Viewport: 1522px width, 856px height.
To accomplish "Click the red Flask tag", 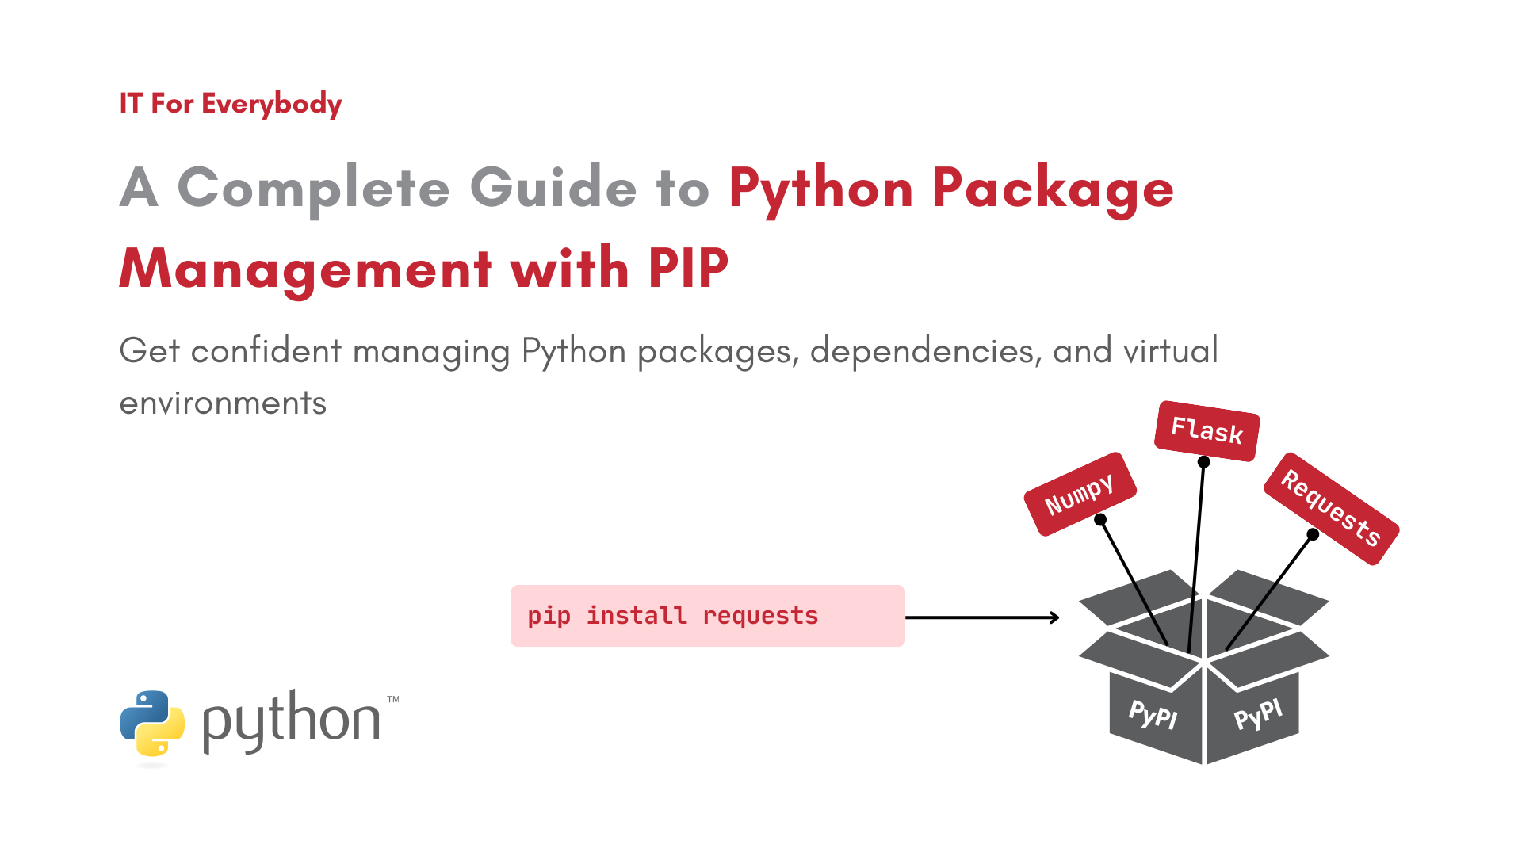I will pos(1207,430).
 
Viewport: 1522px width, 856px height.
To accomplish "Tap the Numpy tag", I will pos(1080,494).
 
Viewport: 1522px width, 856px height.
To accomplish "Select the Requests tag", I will pos(1331,508).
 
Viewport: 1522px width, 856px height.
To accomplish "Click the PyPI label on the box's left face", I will pos(1153,714).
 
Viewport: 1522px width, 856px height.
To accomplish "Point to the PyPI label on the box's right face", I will pos(1258,714).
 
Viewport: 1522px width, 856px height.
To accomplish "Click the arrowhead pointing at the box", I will pos(1055,617).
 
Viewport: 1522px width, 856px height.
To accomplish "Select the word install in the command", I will pos(636,616).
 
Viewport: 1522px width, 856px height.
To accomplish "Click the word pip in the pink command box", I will pos(549,616).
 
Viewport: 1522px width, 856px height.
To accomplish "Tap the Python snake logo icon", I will pos(152,723).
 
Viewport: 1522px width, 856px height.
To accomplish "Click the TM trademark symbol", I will pos(393,700).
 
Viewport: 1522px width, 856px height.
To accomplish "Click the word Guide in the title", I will pos(553,188).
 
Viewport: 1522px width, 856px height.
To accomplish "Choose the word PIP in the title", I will pos(688,268).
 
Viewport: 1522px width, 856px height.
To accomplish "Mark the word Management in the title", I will pos(306,268).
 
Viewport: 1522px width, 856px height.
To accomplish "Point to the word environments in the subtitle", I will pos(223,403).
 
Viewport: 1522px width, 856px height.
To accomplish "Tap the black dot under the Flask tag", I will pos(1203,461).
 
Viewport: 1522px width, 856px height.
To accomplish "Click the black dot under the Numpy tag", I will pos(1100,520).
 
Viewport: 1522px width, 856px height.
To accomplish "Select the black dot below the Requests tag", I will pos(1313,534).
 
